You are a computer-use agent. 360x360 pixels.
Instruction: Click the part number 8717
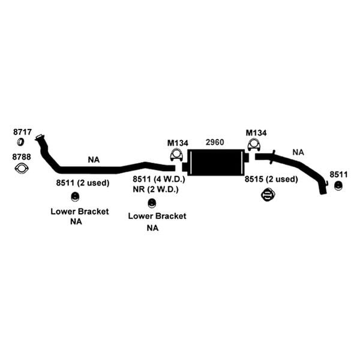(x=22, y=132)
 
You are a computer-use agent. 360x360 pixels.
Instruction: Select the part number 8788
(x=22, y=157)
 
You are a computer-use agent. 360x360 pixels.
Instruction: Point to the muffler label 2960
(x=215, y=142)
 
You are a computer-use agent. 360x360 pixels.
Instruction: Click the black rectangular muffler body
(x=216, y=163)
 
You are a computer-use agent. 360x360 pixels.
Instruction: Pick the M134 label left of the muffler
(x=178, y=143)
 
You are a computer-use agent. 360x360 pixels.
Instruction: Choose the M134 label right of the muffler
(x=256, y=133)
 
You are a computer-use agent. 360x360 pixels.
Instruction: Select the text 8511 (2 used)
(x=83, y=183)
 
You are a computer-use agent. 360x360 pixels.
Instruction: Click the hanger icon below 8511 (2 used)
(x=75, y=197)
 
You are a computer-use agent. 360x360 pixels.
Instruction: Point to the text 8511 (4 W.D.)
(x=159, y=179)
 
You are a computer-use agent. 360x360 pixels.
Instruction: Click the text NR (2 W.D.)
(x=155, y=190)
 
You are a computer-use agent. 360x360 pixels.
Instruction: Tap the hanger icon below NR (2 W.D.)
(x=152, y=203)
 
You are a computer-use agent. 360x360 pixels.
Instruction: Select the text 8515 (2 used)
(x=271, y=179)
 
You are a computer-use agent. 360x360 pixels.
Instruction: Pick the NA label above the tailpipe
(x=298, y=152)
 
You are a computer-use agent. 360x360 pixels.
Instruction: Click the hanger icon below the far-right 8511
(x=338, y=185)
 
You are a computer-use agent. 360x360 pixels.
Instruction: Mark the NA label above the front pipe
(x=94, y=160)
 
